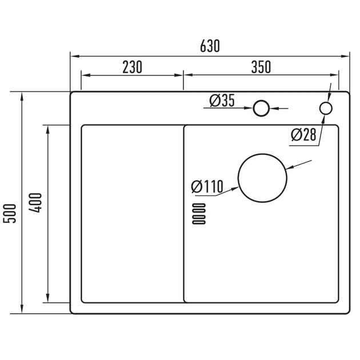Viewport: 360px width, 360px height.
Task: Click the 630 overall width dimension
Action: (x=210, y=46)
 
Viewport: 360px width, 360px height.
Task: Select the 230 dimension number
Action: (x=132, y=67)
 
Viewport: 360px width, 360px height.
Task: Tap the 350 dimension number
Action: (x=261, y=67)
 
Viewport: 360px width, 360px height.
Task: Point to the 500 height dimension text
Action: (x=10, y=213)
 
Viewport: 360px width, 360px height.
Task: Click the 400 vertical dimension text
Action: (x=36, y=203)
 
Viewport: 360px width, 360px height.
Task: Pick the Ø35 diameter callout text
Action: (x=222, y=101)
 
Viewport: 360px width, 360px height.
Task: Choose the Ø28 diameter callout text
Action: (x=303, y=134)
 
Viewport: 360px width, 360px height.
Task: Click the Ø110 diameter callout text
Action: (x=207, y=186)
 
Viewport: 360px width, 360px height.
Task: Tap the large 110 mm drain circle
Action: (x=238, y=178)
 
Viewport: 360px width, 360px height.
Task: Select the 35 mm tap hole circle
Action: (x=254, y=108)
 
